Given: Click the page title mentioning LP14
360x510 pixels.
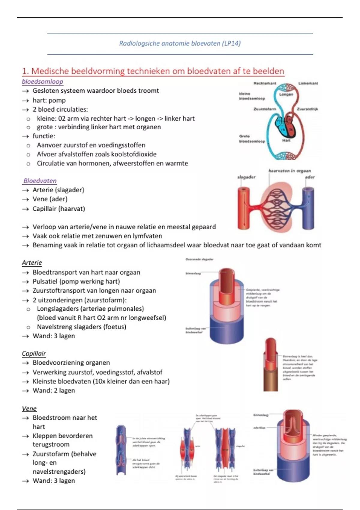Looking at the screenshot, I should (x=180, y=43).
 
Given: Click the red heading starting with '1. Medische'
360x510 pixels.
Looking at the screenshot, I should (x=153, y=71).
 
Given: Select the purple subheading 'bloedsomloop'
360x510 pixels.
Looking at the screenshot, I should (x=43, y=81).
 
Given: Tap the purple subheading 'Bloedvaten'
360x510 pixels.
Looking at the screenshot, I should (x=40, y=181).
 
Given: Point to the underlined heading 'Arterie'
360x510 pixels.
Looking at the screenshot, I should (x=32, y=262).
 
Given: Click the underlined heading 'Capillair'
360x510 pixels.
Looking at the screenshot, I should (x=34, y=353).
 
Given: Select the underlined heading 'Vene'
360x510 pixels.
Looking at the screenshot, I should (x=29, y=408).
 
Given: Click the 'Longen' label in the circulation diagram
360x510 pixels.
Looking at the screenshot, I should (x=286, y=94).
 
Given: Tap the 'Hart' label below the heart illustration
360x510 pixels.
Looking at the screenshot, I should (x=286, y=140).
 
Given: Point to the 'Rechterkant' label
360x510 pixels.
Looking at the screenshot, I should (x=265, y=83).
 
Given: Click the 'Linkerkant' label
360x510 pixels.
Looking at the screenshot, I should (x=308, y=83).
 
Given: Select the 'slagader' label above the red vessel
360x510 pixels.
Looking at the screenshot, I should (x=246, y=177).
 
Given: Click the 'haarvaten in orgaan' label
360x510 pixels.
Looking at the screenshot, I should (x=289, y=171).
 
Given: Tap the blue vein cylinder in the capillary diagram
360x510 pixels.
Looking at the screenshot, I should (x=308, y=208).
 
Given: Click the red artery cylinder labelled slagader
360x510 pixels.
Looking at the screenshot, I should (x=243, y=208).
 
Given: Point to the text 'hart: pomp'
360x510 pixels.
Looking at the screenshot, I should (x=49, y=100).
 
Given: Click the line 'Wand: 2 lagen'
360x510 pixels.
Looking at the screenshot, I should (x=54, y=390).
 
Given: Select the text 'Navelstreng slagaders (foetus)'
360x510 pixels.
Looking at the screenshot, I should (x=81, y=327).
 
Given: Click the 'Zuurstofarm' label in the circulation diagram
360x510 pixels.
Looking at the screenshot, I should (x=265, y=109).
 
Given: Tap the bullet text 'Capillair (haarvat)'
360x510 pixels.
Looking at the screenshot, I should (x=59, y=208).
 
